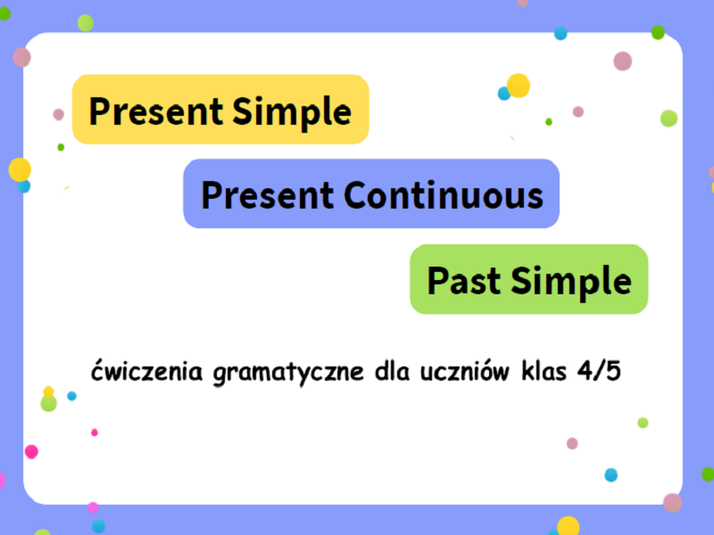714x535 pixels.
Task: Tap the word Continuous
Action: coord(444,194)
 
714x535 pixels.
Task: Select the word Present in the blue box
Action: coord(268,194)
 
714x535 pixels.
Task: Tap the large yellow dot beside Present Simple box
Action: coord(519,86)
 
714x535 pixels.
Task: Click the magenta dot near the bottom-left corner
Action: coord(31,451)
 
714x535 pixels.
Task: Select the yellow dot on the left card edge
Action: coord(20,169)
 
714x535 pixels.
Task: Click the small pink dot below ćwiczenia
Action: coord(95,432)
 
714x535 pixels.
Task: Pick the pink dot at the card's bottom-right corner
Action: coord(672,503)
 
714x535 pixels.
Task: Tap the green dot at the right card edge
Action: coord(668,118)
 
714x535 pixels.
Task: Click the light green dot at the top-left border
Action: coord(85,22)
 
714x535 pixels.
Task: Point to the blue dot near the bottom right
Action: coord(610,474)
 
